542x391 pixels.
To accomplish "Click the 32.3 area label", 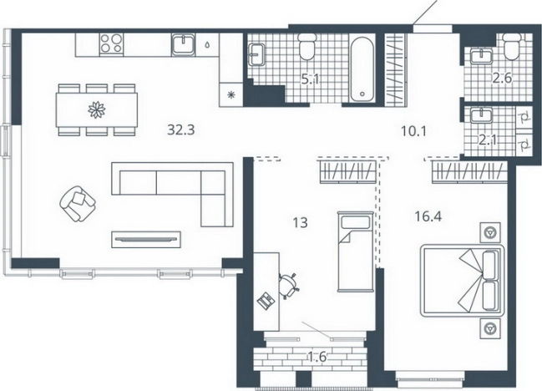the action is click(x=181, y=130).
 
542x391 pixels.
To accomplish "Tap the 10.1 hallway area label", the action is click(x=414, y=131).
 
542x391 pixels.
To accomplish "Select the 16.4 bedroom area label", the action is click(x=428, y=216).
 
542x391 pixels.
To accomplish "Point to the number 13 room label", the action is click(x=300, y=223).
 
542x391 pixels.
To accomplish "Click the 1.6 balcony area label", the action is click(x=317, y=357).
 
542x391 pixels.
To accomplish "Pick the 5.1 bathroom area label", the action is click(x=310, y=80).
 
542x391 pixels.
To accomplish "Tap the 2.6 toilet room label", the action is click(x=502, y=78).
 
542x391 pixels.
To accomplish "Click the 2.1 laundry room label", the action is click(x=488, y=140).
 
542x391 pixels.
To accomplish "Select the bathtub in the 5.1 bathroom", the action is click(x=362, y=69).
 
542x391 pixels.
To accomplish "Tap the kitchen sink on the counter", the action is click(x=184, y=45).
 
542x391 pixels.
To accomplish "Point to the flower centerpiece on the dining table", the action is click(x=97, y=110).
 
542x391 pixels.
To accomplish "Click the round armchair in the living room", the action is click(x=78, y=204).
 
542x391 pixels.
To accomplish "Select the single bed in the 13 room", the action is click(x=355, y=251).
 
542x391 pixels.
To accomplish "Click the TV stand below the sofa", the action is click(x=146, y=239).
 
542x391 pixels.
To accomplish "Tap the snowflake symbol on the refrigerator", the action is click(x=230, y=94).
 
